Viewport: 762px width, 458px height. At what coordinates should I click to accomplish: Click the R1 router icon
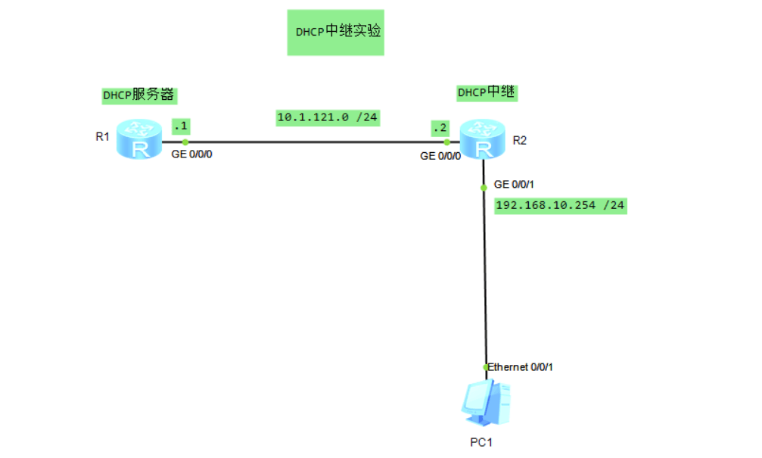[x=140, y=139]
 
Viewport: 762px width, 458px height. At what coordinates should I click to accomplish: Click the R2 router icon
[x=481, y=139]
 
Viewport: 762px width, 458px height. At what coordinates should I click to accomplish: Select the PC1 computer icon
[x=486, y=403]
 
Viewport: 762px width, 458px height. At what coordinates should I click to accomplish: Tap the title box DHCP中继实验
[x=336, y=33]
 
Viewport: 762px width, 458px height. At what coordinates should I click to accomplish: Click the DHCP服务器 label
[x=139, y=95]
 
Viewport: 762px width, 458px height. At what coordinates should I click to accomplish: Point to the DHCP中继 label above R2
[x=487, y=92]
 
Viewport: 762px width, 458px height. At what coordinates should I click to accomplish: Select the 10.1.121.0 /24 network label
[x=328, y=117]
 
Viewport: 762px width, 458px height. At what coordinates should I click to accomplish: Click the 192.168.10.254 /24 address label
[x=561, y=205]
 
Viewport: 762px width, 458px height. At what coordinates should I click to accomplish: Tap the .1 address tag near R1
[x=181, y=126]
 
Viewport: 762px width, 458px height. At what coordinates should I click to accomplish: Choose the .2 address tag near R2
[x=438, y=126]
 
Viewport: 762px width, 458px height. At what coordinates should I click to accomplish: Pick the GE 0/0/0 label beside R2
[x=440, y=156]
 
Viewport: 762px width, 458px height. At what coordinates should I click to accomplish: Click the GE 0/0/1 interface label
[x=514, y=185]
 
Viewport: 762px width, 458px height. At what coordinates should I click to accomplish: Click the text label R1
[x=103, y=137]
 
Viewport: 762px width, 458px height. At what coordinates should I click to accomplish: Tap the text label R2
[x=520, y=140]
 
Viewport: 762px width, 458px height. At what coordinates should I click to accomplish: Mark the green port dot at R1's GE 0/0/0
[x=185, y=142]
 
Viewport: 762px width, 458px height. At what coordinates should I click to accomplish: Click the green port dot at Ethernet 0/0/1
[x=486, y=367]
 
